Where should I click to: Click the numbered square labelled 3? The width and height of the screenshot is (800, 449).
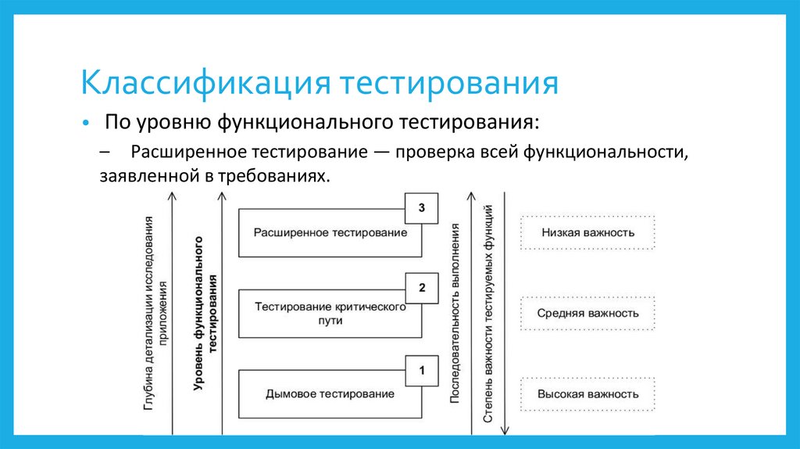click(x=422, y=208)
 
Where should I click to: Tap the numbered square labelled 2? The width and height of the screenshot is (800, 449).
click(x=422, y=288)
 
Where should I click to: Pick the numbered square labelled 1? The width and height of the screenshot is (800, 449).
click(x=422, y=370)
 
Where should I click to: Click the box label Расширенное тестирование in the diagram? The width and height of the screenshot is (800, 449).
click(x=330, y=233)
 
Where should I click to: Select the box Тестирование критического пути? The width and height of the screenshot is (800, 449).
click(x=330, y=313)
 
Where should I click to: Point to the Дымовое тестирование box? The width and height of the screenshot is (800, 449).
click(x=330, y=393)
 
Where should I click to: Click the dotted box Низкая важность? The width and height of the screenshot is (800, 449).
click(x=587, y=232)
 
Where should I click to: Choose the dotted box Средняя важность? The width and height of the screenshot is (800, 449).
click(x=587, y=313)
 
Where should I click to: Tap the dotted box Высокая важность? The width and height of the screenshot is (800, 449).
click(x=587, y=393)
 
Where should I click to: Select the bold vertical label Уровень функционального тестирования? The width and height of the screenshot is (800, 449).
click(x=205, y=313)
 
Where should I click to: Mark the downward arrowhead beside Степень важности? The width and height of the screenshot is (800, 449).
click(x=505, y=429)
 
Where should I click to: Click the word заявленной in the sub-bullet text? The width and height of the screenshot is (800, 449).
click(x=145, y=177)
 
